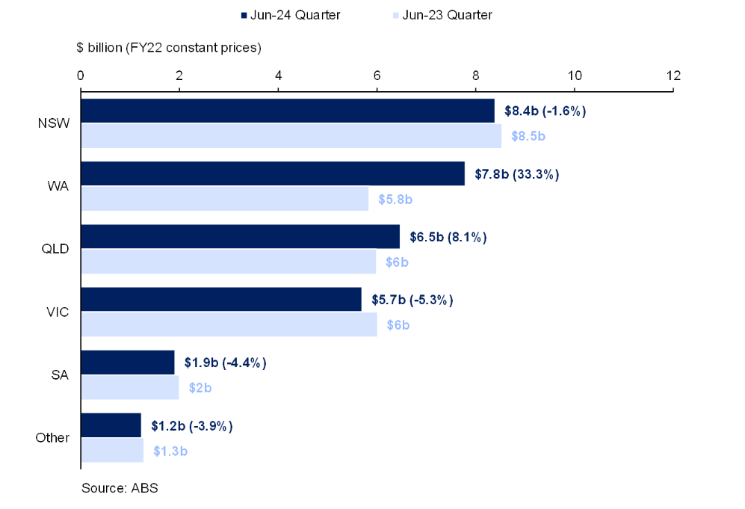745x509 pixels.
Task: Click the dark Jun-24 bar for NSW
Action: tap(288, 111)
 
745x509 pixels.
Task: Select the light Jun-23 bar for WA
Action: tap(224, 199)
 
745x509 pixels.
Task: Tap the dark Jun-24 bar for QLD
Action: tap(240, 237)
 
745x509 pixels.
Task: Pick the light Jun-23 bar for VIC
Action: tap(229, 324)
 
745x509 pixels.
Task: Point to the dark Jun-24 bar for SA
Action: tap(127, 363)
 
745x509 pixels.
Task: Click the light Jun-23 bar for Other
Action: tap(111, 451)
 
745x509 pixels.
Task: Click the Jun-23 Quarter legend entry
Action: tap(440, 15)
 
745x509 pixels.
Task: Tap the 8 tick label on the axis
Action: tap(476, 75)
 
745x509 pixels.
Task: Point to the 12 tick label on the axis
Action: tap(673, 75)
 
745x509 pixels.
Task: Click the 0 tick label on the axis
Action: tap(80, 75)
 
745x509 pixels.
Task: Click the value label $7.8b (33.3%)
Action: tap(517, 174)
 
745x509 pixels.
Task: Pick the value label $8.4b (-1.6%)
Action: tap(545, 111)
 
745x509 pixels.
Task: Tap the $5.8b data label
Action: tap(394, 200)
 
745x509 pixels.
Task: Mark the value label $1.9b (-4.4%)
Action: tap(225, 363)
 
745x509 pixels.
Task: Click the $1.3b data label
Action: tap(171, 451)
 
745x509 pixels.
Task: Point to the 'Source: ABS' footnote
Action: tap(120, 488)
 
